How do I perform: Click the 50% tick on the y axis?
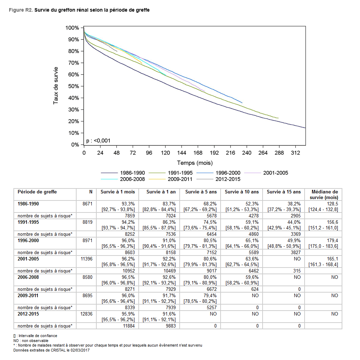point(74,86)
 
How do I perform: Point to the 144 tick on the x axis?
point(181,152)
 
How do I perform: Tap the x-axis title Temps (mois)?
point(194,163)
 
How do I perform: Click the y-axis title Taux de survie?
point(56,86)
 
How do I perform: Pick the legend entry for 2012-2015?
point(227,179)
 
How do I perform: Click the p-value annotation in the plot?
point(98,140)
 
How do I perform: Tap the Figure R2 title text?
point(79,10)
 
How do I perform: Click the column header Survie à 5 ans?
point(200,192)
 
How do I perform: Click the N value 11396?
point(86,259)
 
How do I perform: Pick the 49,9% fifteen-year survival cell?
point(294,241)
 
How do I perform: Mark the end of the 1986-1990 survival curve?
point(305,128)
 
